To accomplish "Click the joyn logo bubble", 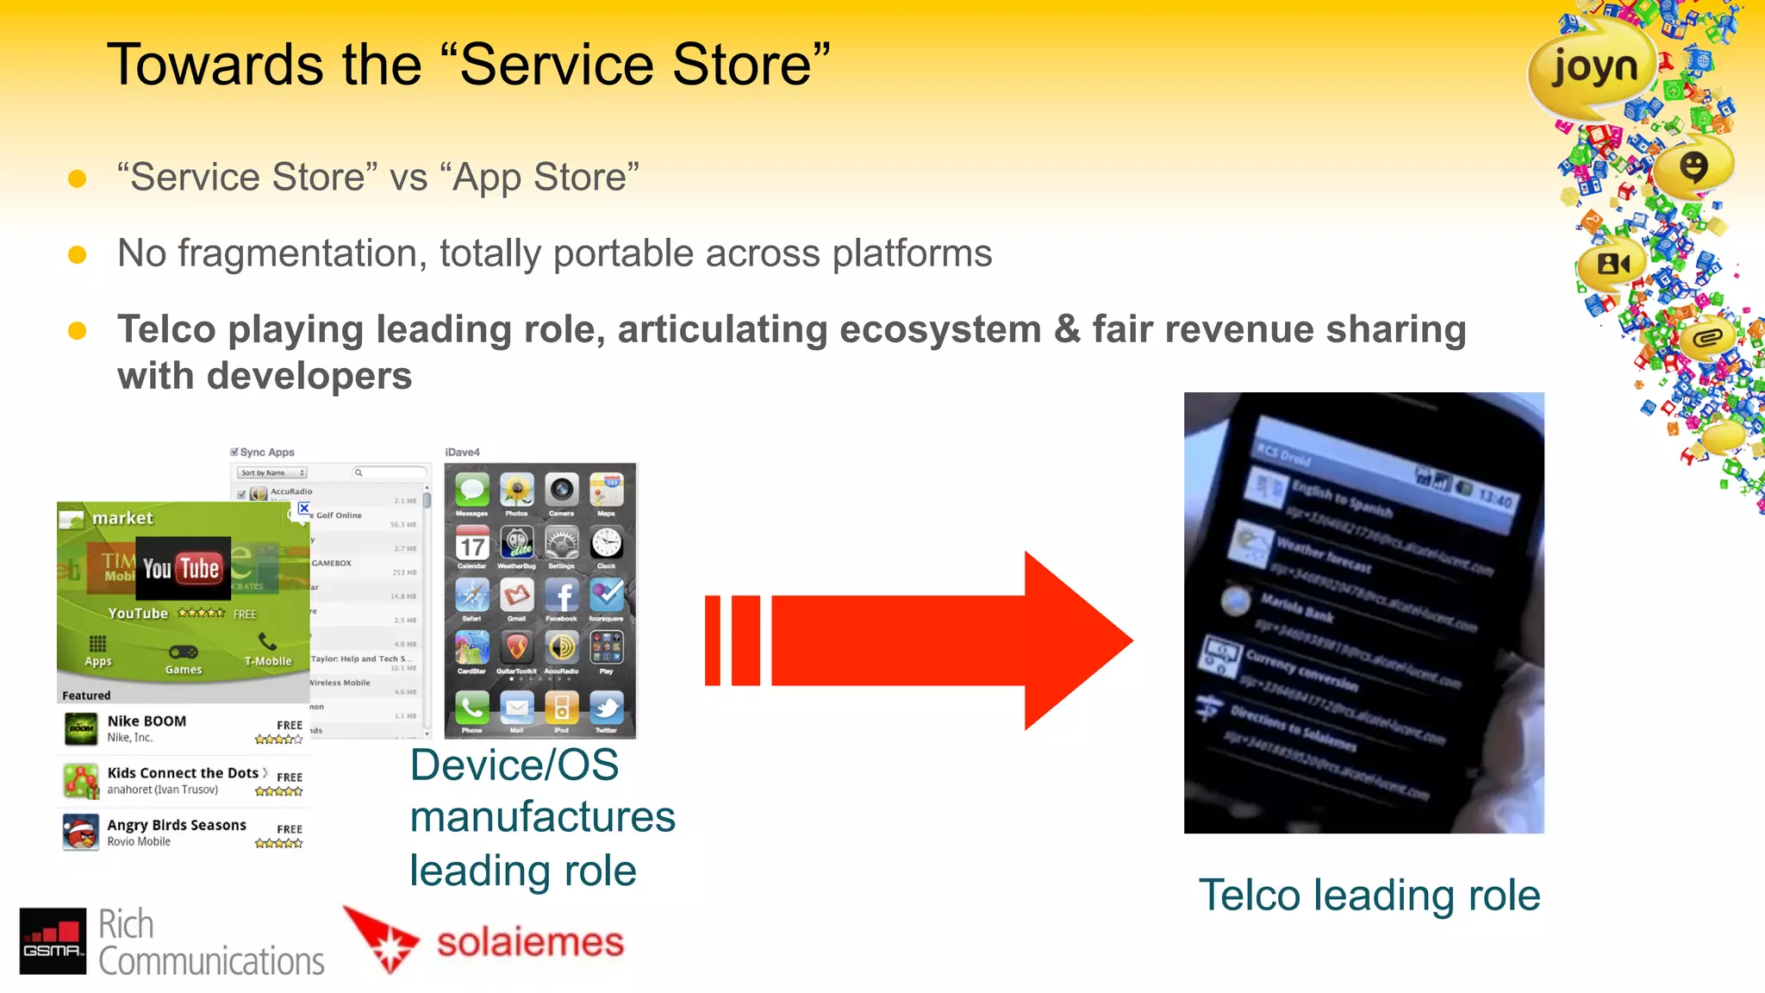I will tap(1593, 67).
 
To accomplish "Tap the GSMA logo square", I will tap(53, 940).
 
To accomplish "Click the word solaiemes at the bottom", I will tap(529, 942).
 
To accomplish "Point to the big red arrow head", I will tap(1077, 640).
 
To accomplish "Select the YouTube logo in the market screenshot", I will tap(182, 568).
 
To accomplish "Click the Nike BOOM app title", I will tap(147, 721).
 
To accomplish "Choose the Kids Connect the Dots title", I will tap(183, 772).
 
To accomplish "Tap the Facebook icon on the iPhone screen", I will tap(561, 596).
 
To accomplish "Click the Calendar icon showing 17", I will tap(471, 544).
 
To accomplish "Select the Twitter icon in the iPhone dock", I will tap(606, 709).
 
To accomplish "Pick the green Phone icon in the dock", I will tap(471, 709).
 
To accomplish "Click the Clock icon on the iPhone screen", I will tap(606, 544).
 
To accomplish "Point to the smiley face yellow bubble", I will tap(1693, 165).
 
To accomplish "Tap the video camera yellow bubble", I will tap(1612, 264).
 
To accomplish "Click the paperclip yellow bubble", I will tap(1706, 338).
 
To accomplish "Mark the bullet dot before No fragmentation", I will tap(77, 254).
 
